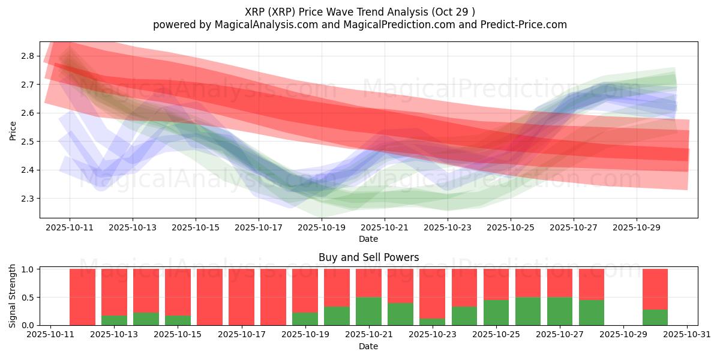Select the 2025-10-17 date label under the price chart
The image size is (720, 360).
(258, 228)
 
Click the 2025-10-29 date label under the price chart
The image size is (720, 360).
(636, 228)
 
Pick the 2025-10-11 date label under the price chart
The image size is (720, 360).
(69, 228)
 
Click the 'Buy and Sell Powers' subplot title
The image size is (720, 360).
(368, 258)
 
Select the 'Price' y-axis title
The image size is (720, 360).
(13, 130)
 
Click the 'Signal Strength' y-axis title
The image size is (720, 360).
(13, 296)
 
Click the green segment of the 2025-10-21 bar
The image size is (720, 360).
(368, 311)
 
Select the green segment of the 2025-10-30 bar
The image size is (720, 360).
(655, 317)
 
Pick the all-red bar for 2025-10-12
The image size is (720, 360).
(82, 297)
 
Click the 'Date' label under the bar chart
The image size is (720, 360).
(368, 346)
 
